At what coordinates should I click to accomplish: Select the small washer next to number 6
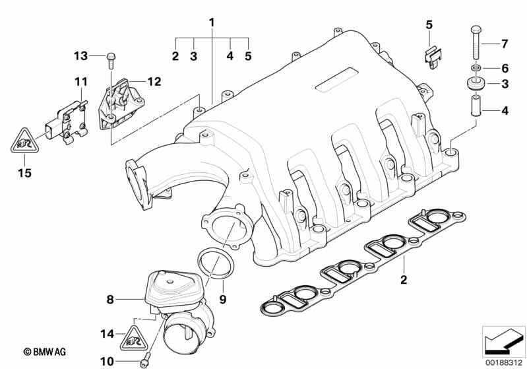point(474,68)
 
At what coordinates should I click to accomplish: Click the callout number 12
point(154,82)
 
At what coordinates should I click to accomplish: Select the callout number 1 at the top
point(212,22)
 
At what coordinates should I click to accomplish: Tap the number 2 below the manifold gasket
point(404,280)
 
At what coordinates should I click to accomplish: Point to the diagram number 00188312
point(503,361)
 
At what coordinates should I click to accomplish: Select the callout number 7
point(505,44)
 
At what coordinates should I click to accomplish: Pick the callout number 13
point(80,55)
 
